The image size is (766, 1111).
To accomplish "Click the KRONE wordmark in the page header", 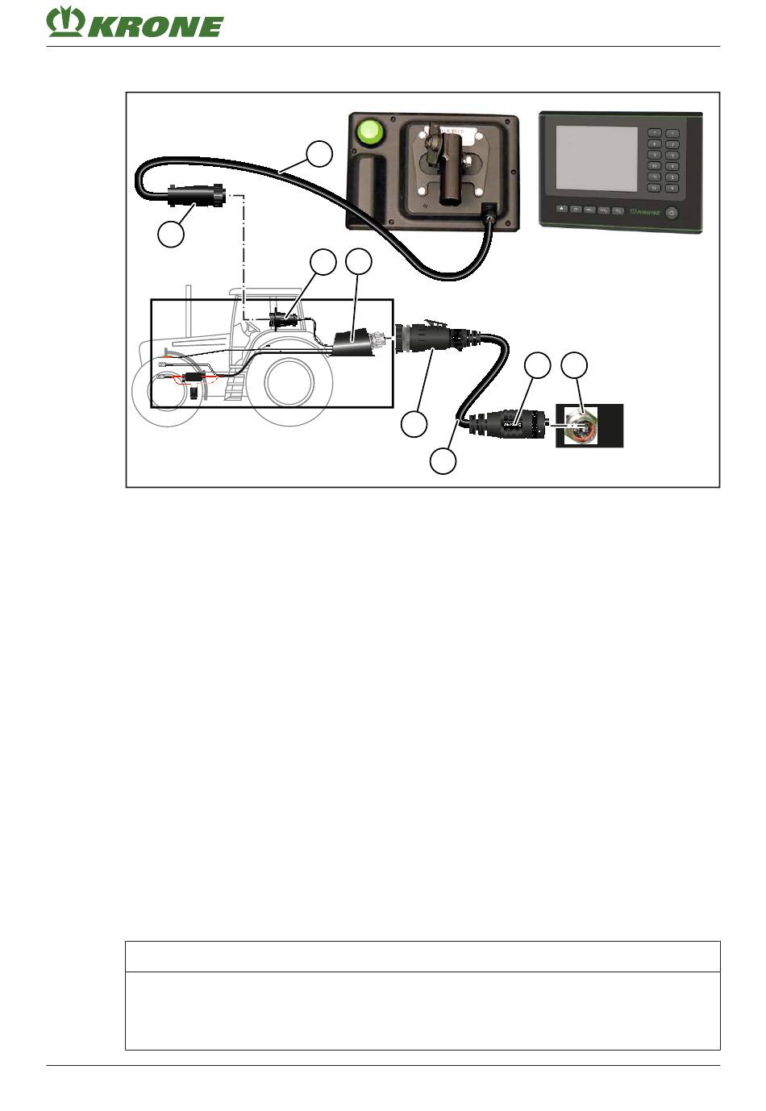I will (156, 26).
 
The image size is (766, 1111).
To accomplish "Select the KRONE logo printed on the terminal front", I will (643, 213).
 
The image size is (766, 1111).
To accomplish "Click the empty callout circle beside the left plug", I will (170, 235).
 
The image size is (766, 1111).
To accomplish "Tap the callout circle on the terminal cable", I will (320, 153).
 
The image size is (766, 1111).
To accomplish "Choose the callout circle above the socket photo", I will (573, 365).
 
